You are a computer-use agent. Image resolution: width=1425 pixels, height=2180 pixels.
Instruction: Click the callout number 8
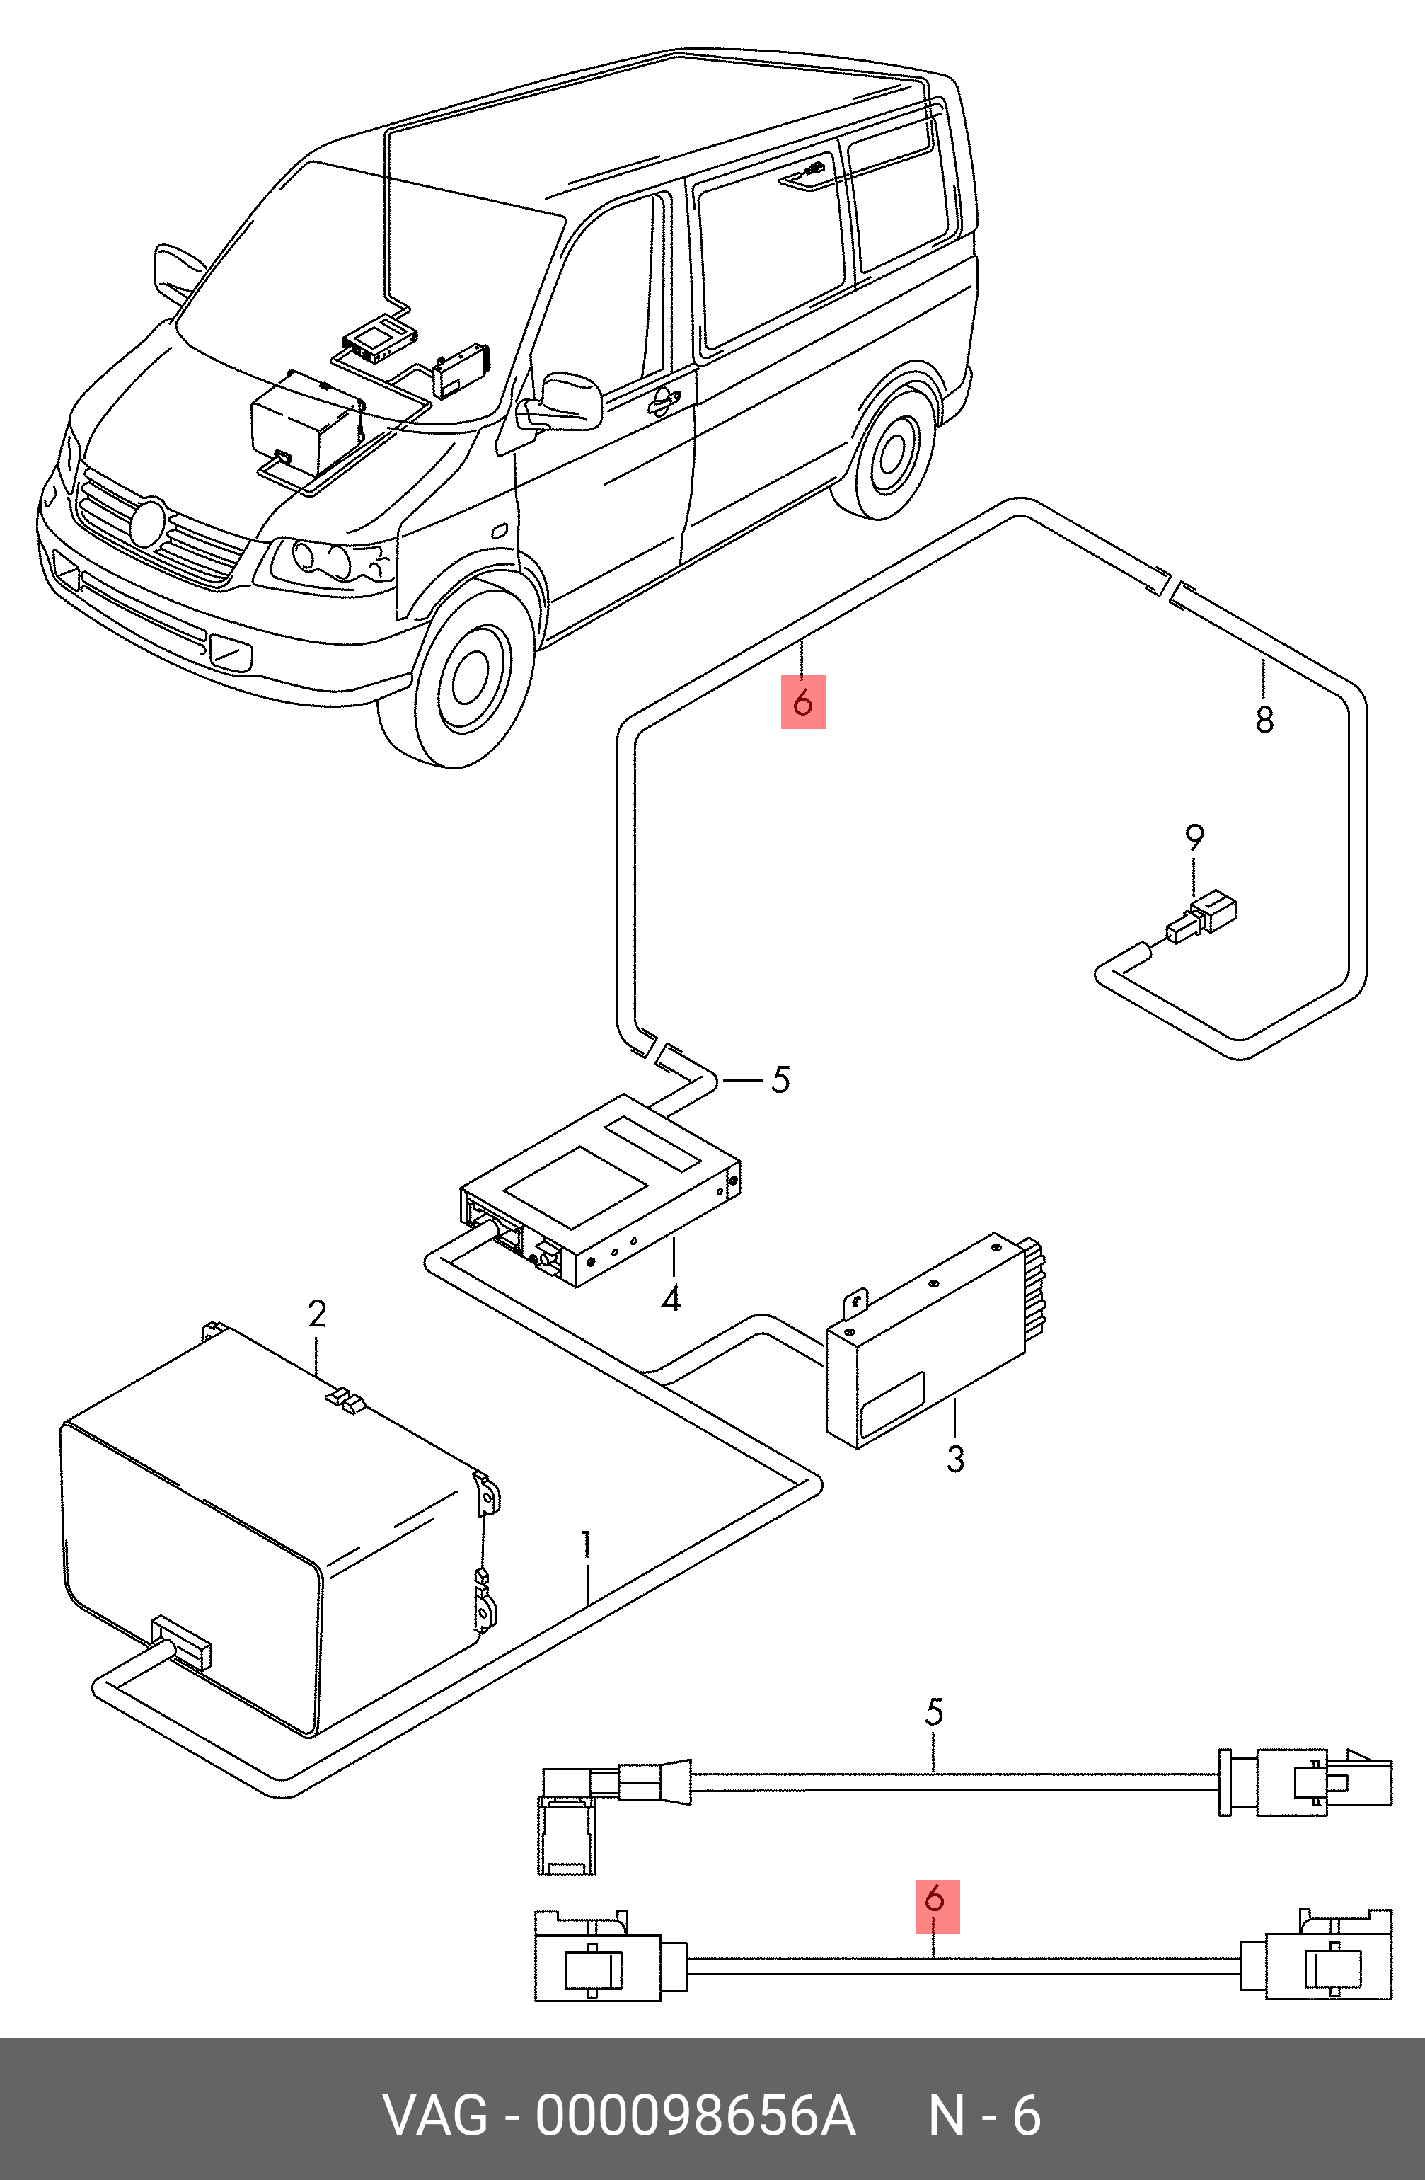tap(1264, 720)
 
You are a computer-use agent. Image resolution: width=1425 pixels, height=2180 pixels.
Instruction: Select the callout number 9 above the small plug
tap(1194, 837)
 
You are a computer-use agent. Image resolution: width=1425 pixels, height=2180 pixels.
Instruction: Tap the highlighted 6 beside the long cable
tap(802, 703)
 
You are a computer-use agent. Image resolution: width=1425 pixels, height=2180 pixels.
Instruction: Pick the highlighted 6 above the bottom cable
tap(937, 1900)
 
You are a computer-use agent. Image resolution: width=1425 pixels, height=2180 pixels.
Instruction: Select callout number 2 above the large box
tap(317, 1314)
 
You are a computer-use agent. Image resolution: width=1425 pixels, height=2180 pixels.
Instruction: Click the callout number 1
tap(585, 1545)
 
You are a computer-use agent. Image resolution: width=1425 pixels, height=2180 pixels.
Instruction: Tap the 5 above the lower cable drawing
tap(934, 1712)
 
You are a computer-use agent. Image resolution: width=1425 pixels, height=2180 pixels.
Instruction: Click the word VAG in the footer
tap(436, 2116)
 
